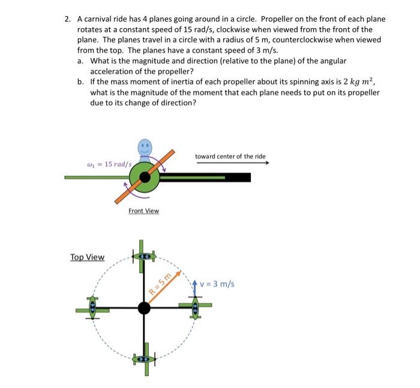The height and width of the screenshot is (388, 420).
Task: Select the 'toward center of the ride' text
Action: [x=230, y=157]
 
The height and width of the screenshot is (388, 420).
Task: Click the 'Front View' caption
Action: [x=143, y=211]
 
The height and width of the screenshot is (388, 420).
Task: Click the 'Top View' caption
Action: [x=87, y=257]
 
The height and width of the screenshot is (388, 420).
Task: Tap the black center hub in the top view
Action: [x=143, y=308]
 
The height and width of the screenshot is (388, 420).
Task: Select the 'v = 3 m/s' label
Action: [x=218, y=283]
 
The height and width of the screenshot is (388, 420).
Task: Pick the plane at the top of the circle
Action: [x=143, y=256]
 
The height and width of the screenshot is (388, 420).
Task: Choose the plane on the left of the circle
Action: [x=92, y=308]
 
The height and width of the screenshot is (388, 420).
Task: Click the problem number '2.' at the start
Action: [x=68, y=19]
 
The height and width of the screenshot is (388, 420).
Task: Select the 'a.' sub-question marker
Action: [x=81, y=61]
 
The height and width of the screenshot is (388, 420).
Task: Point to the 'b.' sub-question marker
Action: [x=81, y=82]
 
